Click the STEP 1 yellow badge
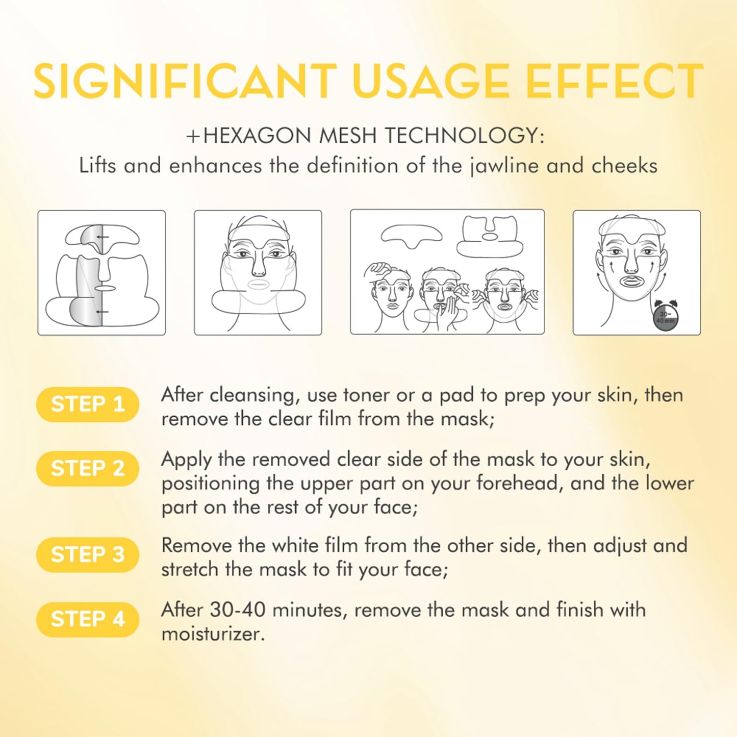87,404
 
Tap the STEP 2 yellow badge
87,468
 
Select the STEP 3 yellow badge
87,554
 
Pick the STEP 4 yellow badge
87,619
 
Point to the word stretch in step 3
190,569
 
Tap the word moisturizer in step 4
212,634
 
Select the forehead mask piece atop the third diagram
411,235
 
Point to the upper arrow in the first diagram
103,237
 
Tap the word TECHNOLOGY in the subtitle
461,136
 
